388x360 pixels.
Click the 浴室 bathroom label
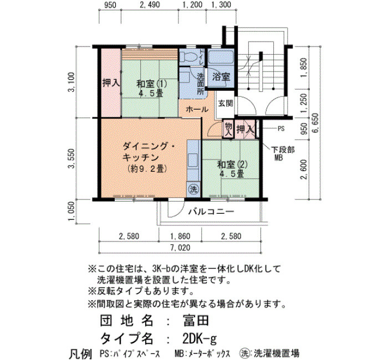click(221, 77)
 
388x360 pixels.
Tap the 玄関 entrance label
click(226, 103)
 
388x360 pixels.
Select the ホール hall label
click(197, 109)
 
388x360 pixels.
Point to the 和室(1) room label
click(152, 84)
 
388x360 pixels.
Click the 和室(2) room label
click(232, 164)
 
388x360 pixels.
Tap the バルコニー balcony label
click(211, 212)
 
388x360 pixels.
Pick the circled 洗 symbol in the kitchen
click(193, 189)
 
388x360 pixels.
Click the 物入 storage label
click(228, 130)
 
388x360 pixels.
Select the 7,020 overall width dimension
click(180, 248)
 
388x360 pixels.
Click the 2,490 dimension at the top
click(150, 4)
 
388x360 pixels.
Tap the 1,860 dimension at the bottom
click(180, 236)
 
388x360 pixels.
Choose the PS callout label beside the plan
click(281, 129)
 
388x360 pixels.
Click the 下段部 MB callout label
click(283, 153)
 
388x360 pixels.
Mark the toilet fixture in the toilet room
click(188, 58)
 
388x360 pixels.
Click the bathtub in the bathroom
click(221, 57)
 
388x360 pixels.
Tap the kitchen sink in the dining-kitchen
click(193, 160)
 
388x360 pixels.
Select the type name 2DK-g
click(199, 338)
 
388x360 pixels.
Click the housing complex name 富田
click(196, 321)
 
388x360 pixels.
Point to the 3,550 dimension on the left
click(72, 158)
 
